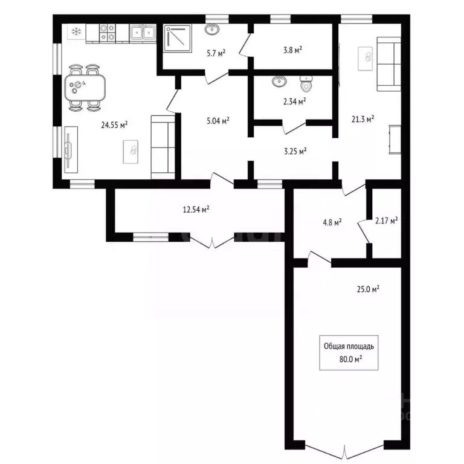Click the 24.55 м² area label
tap(114, 126)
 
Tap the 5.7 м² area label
tap(216, 53)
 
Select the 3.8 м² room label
tap(292, 50)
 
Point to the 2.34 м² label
tap(294, 101)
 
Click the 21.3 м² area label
tap(362, 119)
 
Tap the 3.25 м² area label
tap(294, 150)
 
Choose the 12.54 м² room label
tap(196, 210)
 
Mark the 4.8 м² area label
tap(332, 222)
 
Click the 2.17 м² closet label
tap(386, 222)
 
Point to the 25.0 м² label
tap(367, 289)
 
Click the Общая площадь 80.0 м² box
tap(349, 352)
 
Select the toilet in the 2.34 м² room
tap(306, 83)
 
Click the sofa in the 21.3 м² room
tap(389, 63)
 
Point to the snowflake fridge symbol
tap(76, 31)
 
